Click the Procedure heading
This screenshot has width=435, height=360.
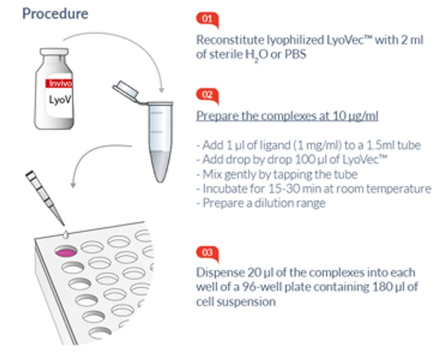pos(55,14)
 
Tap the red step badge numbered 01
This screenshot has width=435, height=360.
pos(207,19)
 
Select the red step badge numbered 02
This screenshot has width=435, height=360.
pos(207,95)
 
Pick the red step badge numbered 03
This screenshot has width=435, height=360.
pos(207,253)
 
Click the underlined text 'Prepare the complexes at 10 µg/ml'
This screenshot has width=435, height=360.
pos(287,116)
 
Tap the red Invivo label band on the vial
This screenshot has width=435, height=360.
pos(58,83)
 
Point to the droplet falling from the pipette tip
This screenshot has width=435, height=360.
pos(65,235)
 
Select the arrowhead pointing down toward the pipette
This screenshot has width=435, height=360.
pos(73,184)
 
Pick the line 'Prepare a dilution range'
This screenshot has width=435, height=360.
pos(261,203)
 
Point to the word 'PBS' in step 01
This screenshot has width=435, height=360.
pos(295,54)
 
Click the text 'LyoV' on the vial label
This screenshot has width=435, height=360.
pos(60,100)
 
